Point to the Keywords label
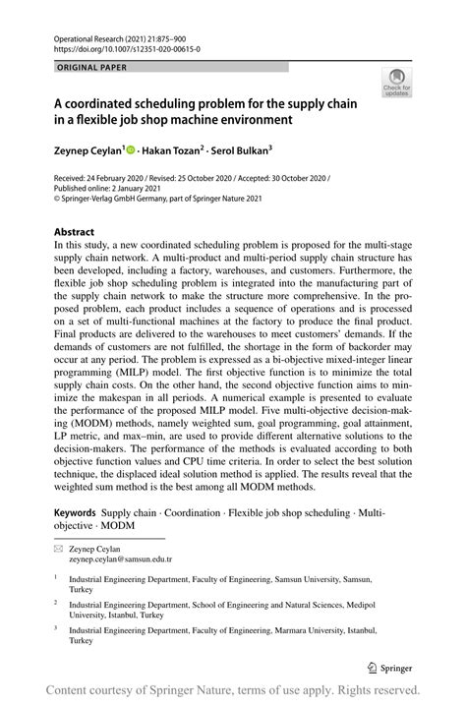tap(75, 512)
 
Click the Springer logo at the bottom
tap(388, 665)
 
